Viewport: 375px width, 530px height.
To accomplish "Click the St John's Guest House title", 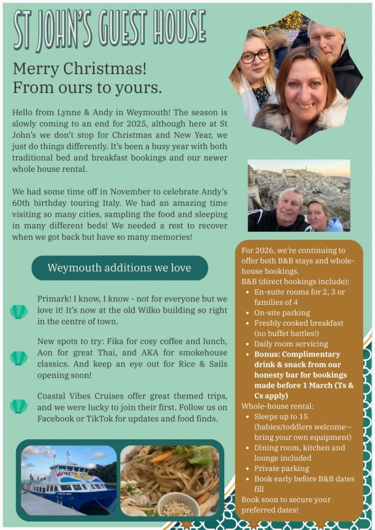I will tap(109, 30).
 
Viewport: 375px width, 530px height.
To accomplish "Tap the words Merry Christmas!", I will tap(79, 68).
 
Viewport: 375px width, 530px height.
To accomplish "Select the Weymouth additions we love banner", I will tap(119, 268).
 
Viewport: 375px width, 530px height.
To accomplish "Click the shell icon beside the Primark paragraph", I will tap(19, 312).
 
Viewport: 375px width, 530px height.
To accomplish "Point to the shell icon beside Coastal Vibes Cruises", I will tap(19, 406).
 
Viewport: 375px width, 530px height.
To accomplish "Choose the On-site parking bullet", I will tap(282, 313).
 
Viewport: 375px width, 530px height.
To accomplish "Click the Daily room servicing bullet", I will tap(291, 344).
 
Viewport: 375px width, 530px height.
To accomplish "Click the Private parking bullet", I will tap(281, 468).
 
